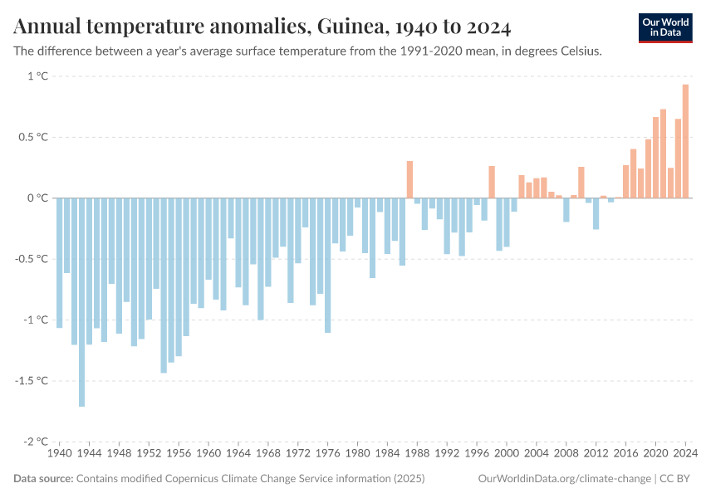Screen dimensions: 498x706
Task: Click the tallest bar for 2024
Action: tap(685, 141)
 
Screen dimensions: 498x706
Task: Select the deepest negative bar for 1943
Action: tap(81, 302)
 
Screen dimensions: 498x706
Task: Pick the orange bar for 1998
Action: tap(492, 182)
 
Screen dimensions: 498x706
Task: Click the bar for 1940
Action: tap(59, 262)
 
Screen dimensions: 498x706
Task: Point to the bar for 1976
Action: tap(327, 265)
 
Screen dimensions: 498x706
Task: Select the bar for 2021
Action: tap(663, 154)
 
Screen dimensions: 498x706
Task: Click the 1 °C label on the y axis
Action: tap(37, 76)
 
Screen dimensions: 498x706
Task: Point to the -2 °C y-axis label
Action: tap(35, 442)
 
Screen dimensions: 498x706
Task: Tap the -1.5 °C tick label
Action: tap(32, 381)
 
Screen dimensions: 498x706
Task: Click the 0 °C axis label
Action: tap(37, 198)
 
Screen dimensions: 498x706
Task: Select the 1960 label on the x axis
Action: tap(208, 454)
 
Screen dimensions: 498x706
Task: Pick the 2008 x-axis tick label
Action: tap(566, 454)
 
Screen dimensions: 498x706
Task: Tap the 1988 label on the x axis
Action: tap(417, 454)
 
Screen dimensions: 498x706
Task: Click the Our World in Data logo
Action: tap(664, 27)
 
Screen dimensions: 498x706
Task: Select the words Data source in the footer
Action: tap(42, 479)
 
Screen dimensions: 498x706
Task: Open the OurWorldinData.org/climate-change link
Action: tap(564, 479)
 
